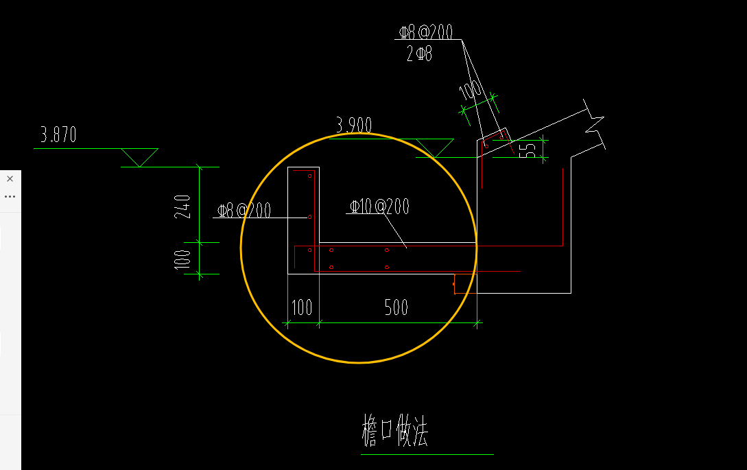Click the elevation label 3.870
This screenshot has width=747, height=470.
point(58,135)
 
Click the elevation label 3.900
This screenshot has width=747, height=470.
point(354,125)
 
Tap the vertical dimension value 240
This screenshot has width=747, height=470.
point(182,207)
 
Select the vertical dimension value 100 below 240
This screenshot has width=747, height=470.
point(182,260)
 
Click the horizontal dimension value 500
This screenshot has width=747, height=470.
point(396,307)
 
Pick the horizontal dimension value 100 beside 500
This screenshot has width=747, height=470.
point(302,307)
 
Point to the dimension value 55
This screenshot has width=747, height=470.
point(527,151)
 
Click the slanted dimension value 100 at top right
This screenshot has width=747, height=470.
point(470,90)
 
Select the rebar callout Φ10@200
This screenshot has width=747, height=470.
point(379,207)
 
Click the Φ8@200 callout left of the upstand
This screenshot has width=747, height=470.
point(244,210)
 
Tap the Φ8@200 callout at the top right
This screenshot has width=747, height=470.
point(426,32)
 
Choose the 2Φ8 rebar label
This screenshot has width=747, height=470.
point(419,54)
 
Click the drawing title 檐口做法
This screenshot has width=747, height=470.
point(395,430)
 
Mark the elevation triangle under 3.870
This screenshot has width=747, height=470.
point(139,157)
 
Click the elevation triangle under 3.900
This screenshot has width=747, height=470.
point(435,148)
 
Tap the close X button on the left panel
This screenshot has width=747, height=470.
point(10,179)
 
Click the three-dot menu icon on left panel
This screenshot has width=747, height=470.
point(10,196)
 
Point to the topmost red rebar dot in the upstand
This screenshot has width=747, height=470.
point(309,176)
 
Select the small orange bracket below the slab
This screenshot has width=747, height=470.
point(455,284)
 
